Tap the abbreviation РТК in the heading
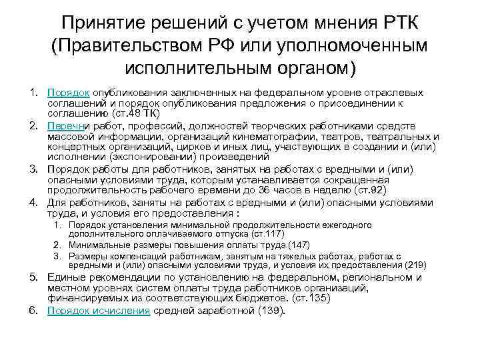tap(400, 23)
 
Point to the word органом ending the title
tap(304, 68)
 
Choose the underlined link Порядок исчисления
tap(99, 311)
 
